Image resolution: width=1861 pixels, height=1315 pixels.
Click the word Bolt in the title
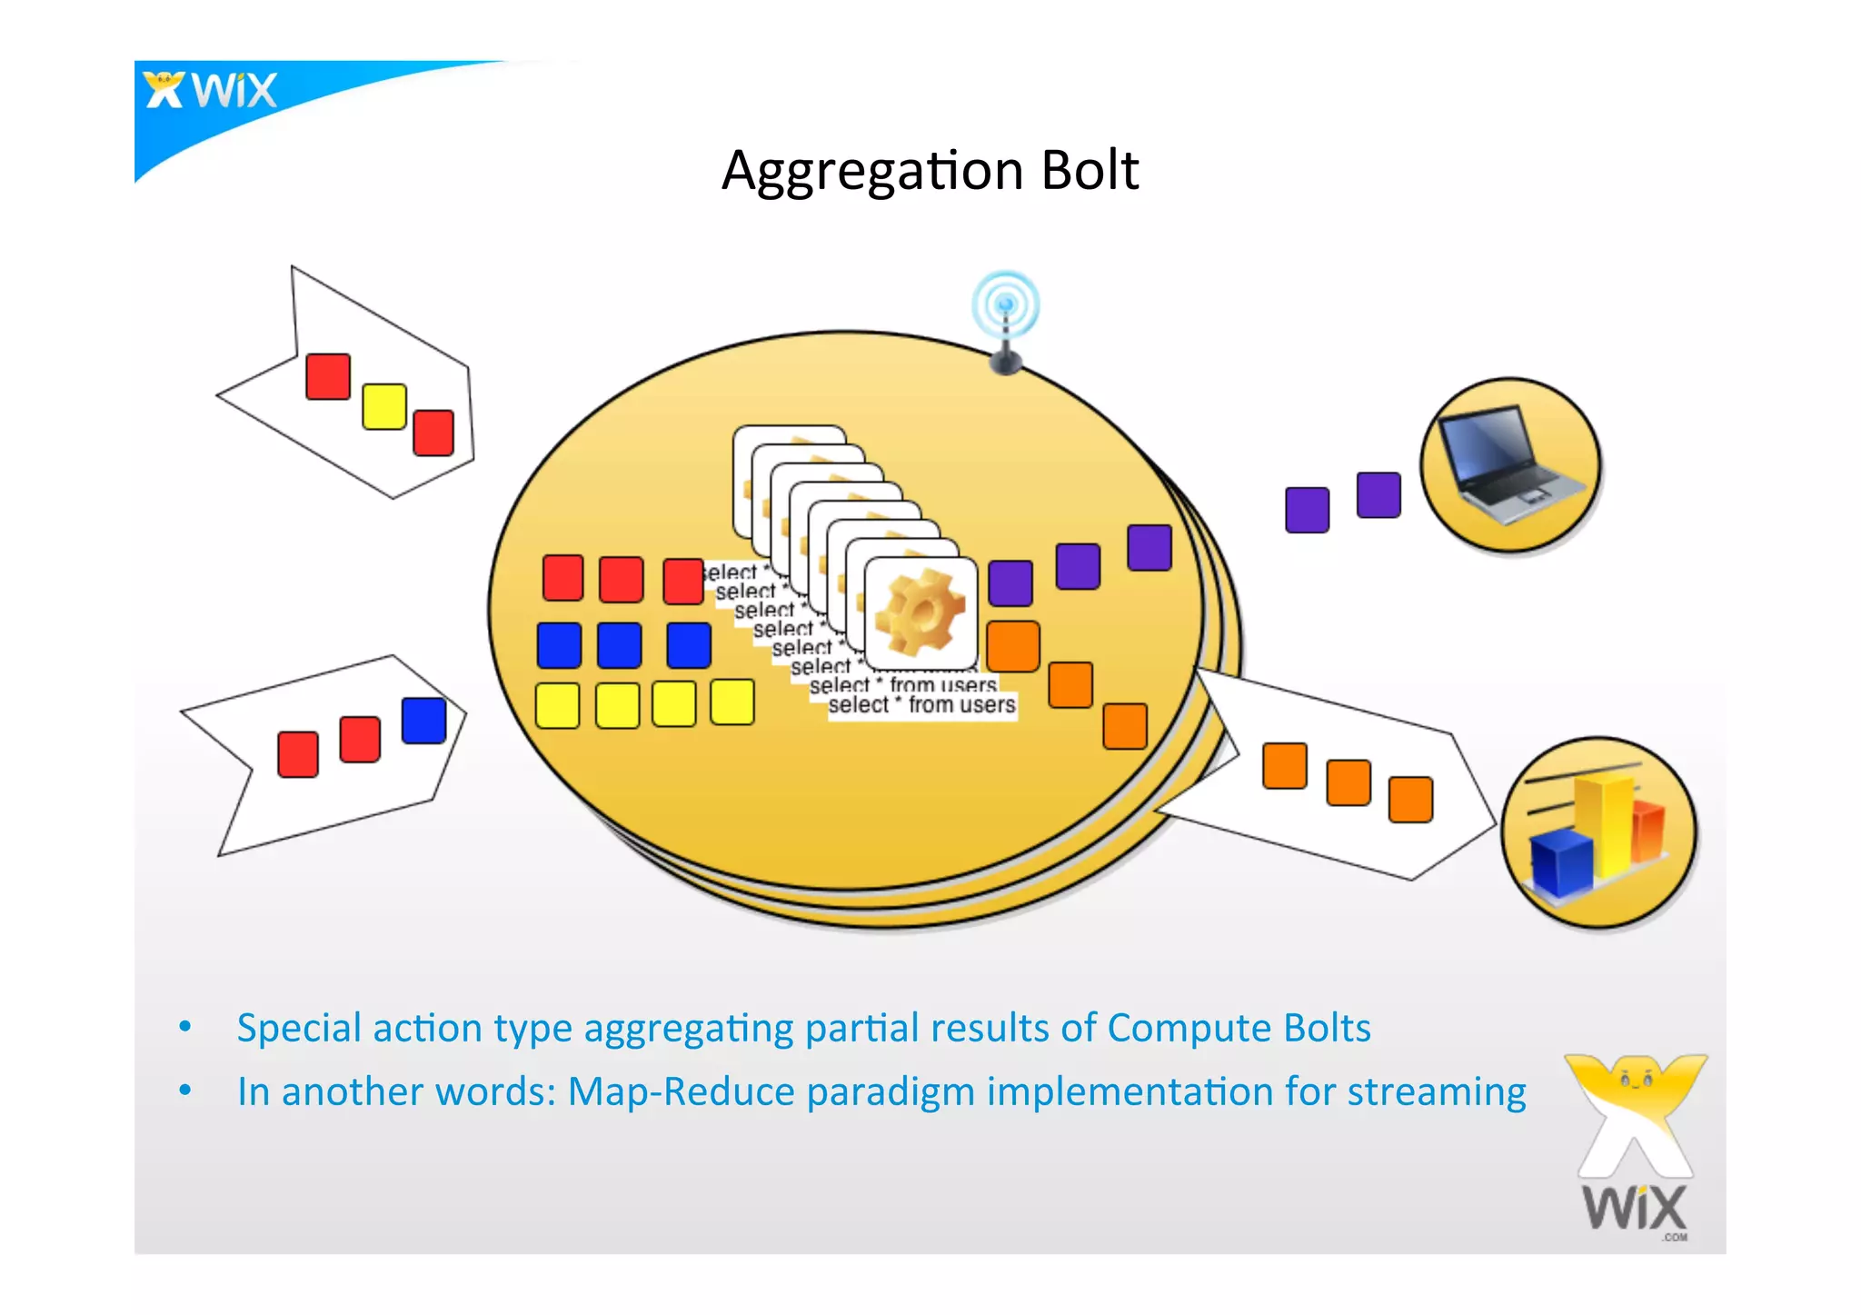click(x=1090, y=170)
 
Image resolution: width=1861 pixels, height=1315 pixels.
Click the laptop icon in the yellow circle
click(x=1510, y=464)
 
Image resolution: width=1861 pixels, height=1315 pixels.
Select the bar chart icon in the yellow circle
click(x=1598, y=832)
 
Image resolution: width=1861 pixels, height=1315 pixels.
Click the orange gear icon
click(x=920, y=612)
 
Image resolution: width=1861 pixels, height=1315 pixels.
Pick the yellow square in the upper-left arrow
click(x=383, y=406)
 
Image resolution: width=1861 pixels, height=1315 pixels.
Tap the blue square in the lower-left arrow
click(x=423, y=721)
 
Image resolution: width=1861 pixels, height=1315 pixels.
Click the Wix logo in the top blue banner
click(x=211, y=90)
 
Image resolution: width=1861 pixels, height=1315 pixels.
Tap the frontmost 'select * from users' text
click(x=921, y=705)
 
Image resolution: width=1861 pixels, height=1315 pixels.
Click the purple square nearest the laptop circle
click(x=1378, y=495)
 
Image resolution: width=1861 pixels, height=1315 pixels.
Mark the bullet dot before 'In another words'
click(x=185, y=1090)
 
